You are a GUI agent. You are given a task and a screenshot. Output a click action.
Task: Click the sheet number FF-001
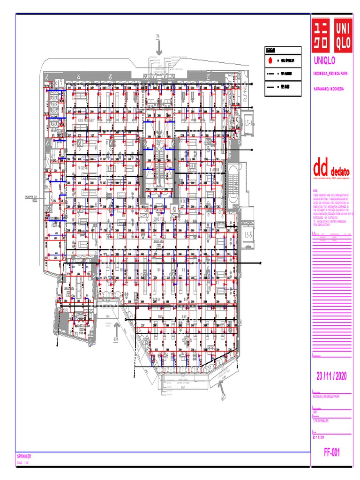coord(331,452)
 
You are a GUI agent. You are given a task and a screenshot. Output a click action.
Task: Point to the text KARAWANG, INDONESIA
coord(329,89)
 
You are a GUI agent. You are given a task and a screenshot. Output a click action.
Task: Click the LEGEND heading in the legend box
coord(270,51)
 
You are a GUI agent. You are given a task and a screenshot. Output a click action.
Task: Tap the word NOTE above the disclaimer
coord(315,191)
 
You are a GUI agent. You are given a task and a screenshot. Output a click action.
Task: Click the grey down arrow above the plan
coord(159,46)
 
